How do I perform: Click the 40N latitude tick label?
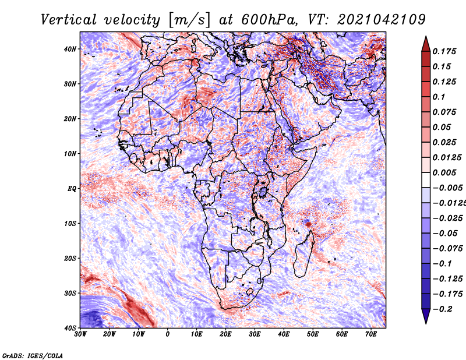(70, 49)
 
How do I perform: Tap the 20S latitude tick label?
(70, 258)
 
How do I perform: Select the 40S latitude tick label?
(70, 327)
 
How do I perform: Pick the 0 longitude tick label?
(168, 334)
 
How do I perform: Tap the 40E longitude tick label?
(284, 334)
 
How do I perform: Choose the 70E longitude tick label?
(370, 334)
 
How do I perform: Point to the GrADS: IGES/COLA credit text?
(33, 354)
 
